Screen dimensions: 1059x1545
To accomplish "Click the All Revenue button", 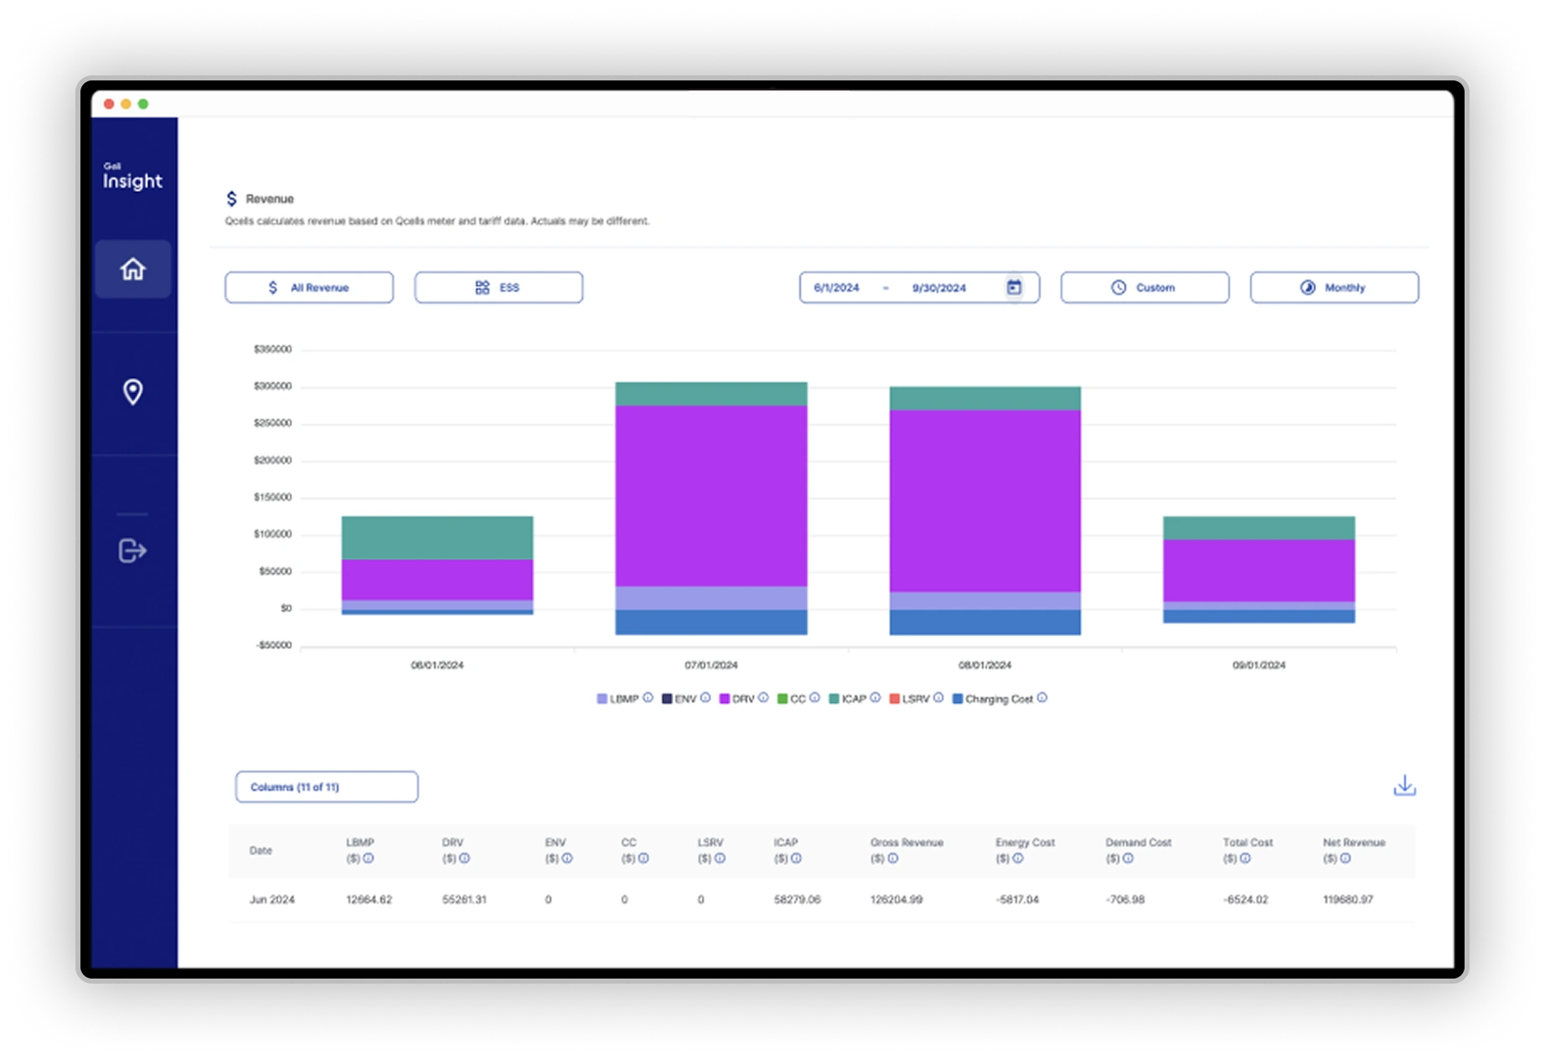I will [x=308, y=287].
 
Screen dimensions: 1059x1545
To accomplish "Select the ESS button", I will [x=499, y=287].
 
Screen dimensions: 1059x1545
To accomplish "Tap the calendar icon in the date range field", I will [x=1014, y=287].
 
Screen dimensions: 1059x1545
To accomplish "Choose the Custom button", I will [x=1145, y=287].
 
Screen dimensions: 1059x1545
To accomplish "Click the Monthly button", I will [x=1334, y=287].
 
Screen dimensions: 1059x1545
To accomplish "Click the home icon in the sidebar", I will [x=132, y=269].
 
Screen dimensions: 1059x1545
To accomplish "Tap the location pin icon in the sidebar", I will [x=132, y=392].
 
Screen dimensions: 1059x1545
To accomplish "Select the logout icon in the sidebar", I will [x=132, y=550].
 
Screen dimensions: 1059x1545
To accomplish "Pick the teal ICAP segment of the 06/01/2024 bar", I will [x=437, y=537].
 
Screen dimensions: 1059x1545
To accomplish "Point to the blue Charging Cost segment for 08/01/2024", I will [x=984, y=622].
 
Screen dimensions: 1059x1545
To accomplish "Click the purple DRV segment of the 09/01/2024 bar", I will [x=1258, y=570].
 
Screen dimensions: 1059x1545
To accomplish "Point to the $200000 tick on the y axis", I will [x=272, y=460].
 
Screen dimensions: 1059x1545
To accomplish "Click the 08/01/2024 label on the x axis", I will [x=984, y=665].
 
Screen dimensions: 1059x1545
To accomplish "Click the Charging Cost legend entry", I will [x=998, y=699].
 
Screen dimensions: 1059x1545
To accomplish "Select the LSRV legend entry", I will [x=915, y=699].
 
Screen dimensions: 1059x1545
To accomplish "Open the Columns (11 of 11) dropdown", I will [x=327, y=787].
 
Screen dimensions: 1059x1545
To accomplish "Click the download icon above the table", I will [x=1404, y=786].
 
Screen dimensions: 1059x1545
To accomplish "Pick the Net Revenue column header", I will [x=1353, y=843].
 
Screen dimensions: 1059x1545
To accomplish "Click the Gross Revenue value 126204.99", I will [x=896, y=900].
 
